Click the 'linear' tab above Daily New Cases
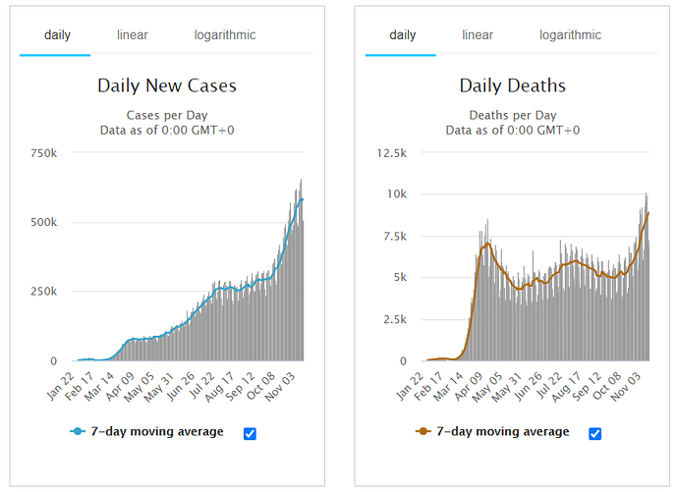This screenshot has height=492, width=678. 132,35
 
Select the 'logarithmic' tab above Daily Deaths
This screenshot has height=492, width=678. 570,35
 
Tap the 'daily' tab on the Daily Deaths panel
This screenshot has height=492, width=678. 403,35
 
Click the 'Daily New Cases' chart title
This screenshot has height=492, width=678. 167,85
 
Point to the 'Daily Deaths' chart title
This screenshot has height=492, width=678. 512,85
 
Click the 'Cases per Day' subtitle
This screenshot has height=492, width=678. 167,115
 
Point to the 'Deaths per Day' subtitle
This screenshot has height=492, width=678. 512,115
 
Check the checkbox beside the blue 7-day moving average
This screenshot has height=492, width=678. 250,433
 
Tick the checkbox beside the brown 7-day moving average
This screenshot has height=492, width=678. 594,433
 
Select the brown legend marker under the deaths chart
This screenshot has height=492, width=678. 424,432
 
